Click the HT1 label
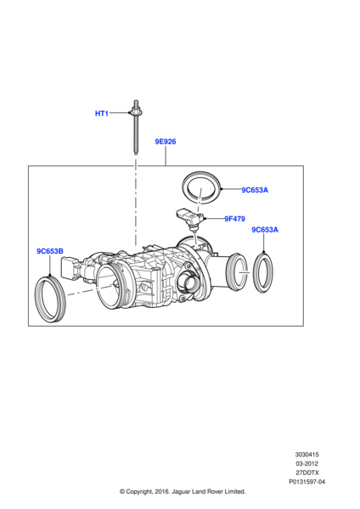[x=101, y=113]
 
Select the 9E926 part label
[x=165, y=142]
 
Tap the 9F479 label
[x=234, y=219]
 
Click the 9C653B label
[x=49, y=251]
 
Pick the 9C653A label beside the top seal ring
[x=254, y=191]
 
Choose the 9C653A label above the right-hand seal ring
[x=264, y=231]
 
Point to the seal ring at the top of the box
[x=201, y=186]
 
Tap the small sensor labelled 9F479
[x=188, y=216]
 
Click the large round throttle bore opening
[x=112, y=290]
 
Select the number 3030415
[x=309, y=455]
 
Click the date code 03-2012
[x=309, y=464]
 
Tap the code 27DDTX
[x=309, y=473]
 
